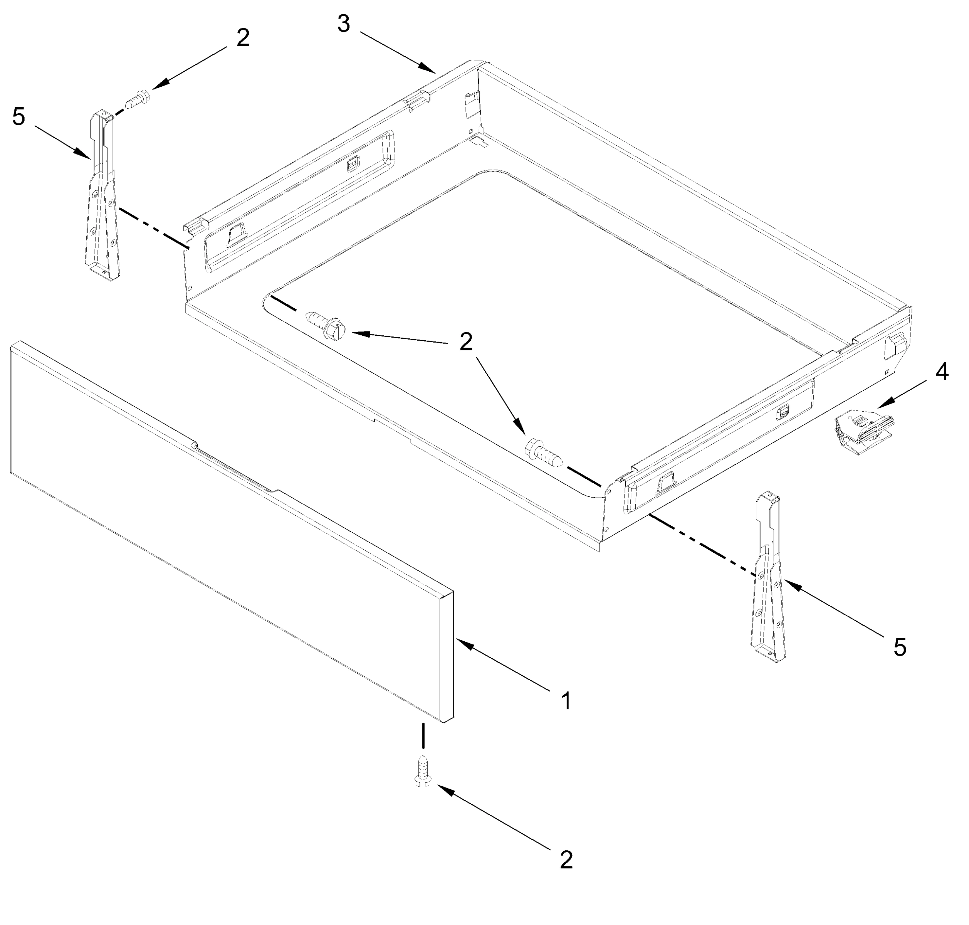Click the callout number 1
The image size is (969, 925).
pyautogui.click(x=566, y=701)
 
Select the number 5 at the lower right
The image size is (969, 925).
pyautogui.click(x=900, y=647)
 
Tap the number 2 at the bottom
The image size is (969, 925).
pyautogui.click(x=566, y=860)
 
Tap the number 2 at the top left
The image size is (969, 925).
pyautogui.click(x=242, y=38)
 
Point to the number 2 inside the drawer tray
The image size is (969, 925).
pyautogui.click(x=466, y=342)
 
